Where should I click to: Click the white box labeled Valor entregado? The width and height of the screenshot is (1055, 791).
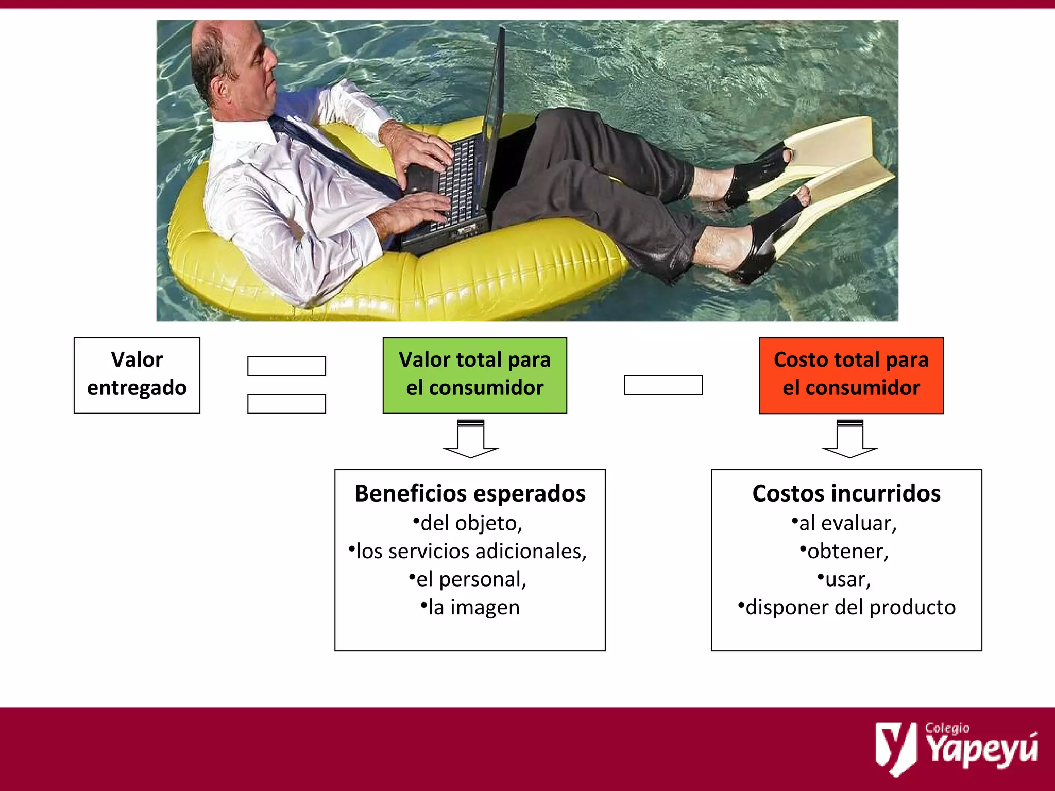[137, 375]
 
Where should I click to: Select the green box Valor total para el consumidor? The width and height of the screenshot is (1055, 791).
[474, 375]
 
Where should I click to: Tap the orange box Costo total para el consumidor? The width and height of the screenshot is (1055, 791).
[851, 375]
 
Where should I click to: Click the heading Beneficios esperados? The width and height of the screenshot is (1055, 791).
[470, 493]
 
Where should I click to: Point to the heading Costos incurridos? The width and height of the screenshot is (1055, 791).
[846, 493]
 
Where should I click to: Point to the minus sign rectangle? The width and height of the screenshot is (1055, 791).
[663, 385]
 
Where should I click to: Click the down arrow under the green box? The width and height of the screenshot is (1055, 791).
[471, 439]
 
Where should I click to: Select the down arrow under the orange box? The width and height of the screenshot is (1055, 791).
[850, 439]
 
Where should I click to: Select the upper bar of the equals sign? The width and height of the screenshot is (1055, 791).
[286, 366]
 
